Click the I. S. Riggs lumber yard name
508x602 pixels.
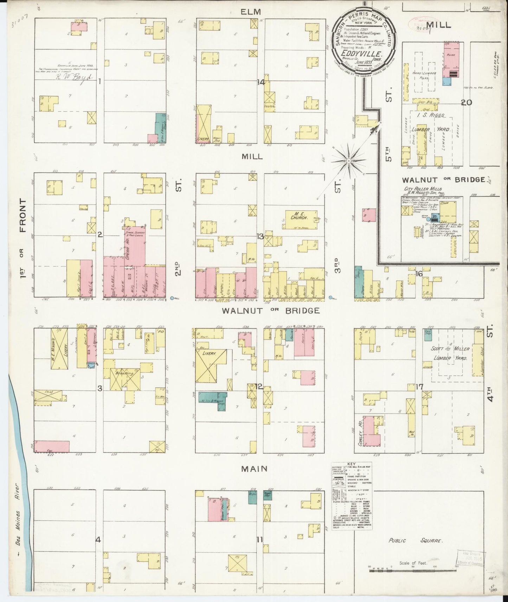[429, 115]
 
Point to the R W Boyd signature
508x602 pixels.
[75, 79]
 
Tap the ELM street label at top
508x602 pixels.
[251, 12]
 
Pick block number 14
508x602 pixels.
[261, 82]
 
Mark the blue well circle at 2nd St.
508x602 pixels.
[172, 298]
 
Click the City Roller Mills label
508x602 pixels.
[420, 188]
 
